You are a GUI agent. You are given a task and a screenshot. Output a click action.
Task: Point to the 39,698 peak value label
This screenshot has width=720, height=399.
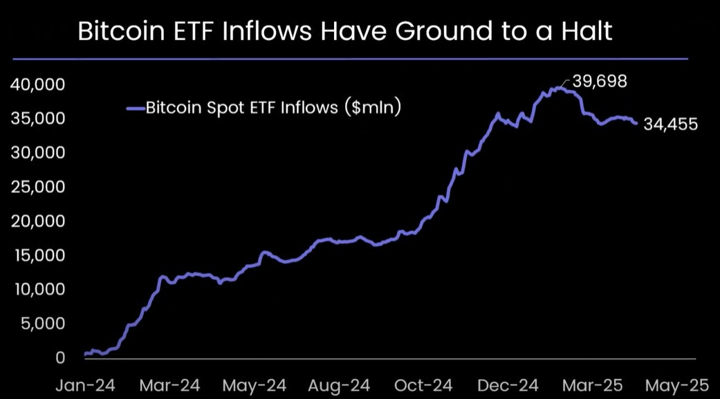599,82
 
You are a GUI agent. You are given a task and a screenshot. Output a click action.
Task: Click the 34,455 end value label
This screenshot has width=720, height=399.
670,124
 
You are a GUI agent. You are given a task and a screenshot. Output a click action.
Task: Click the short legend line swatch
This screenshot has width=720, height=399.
136,108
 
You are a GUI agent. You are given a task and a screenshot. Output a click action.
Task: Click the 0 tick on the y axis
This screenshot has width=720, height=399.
60,358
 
